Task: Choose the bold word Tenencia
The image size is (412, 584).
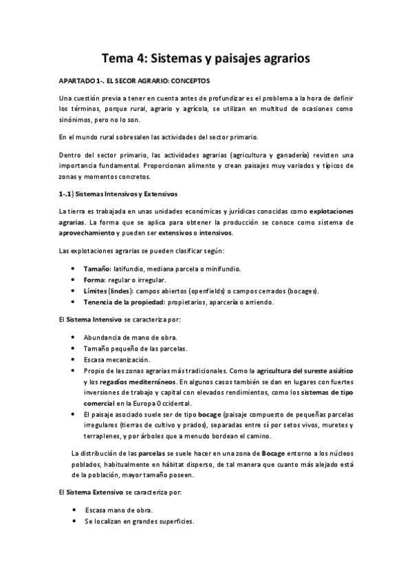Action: coord(100,302)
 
